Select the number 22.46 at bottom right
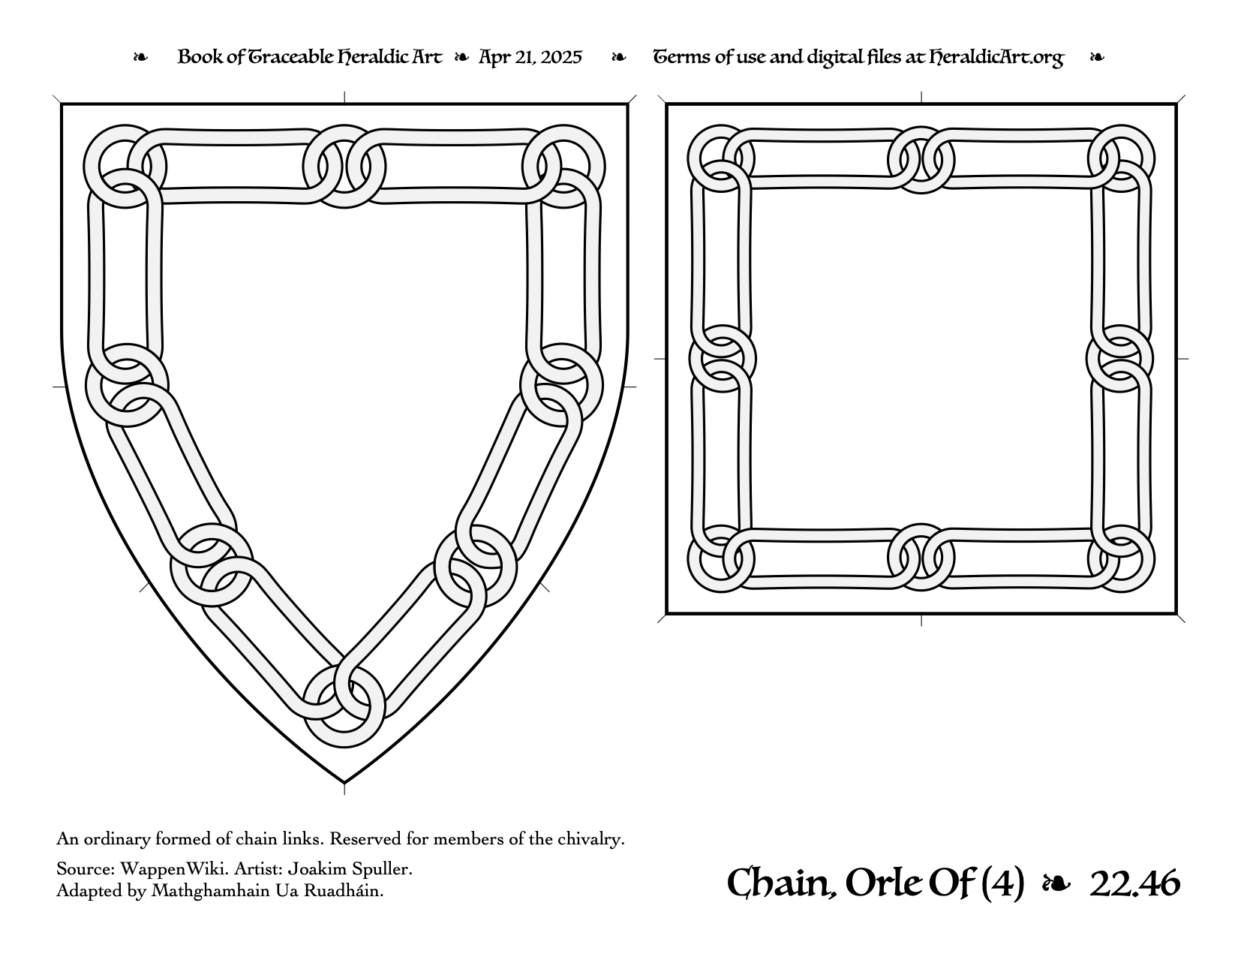1134,883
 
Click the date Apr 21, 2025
530,57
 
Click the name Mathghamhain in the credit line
210,891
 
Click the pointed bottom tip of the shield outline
344,783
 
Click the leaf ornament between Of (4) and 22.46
1055,884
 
